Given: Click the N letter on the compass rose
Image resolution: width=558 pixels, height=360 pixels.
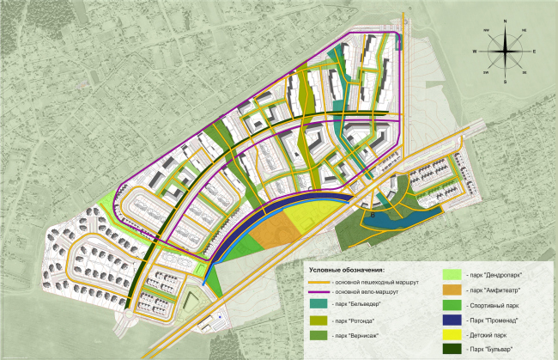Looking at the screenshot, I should point(506,21).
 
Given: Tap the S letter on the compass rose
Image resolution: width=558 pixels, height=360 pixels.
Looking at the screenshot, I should point(506,82).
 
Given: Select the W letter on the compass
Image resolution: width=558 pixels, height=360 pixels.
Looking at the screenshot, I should point(475,52).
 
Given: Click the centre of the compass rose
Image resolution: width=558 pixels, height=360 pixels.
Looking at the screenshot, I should point(506,52).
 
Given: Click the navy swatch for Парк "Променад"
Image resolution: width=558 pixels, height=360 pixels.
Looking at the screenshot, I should point(452,320).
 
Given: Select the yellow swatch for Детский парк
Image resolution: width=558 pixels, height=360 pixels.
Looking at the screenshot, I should point(452,335).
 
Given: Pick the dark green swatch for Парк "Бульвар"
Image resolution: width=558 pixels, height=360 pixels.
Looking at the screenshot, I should point(452,350).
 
